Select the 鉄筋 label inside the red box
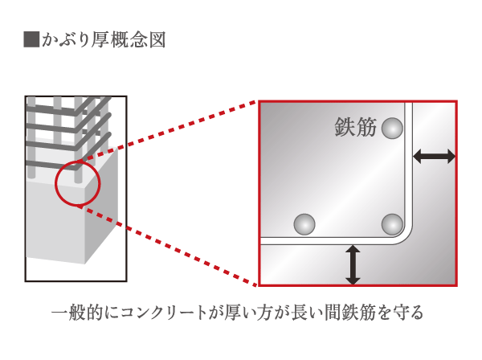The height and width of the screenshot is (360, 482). [355, 127]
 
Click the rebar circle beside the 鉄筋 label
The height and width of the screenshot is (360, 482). [392, 127]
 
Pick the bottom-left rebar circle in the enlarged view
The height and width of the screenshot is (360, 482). [304, 224]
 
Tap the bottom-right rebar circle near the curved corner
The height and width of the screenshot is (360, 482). [392, 223]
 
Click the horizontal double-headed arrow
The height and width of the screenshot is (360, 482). [434, 157]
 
